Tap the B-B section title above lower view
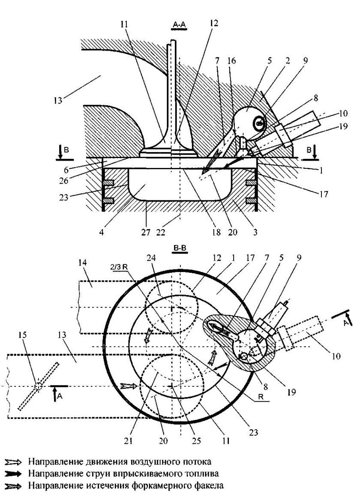(180, 248)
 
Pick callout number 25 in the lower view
(196, 441)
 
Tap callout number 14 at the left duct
(83, 262)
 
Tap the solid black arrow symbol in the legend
(13, 474)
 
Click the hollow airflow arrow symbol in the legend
(13, 463)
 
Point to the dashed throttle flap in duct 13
(38, 386)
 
